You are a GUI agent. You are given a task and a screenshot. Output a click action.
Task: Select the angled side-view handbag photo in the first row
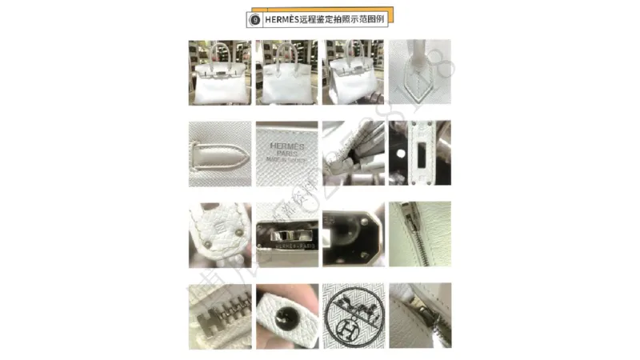pyautogui.click(x=353, y=73)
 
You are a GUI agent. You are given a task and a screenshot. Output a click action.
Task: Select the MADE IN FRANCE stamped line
pyautogui.click(x=286, y=158)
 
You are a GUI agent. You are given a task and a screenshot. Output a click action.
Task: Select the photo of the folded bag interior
pyautogui.click(x=353, y=153)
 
